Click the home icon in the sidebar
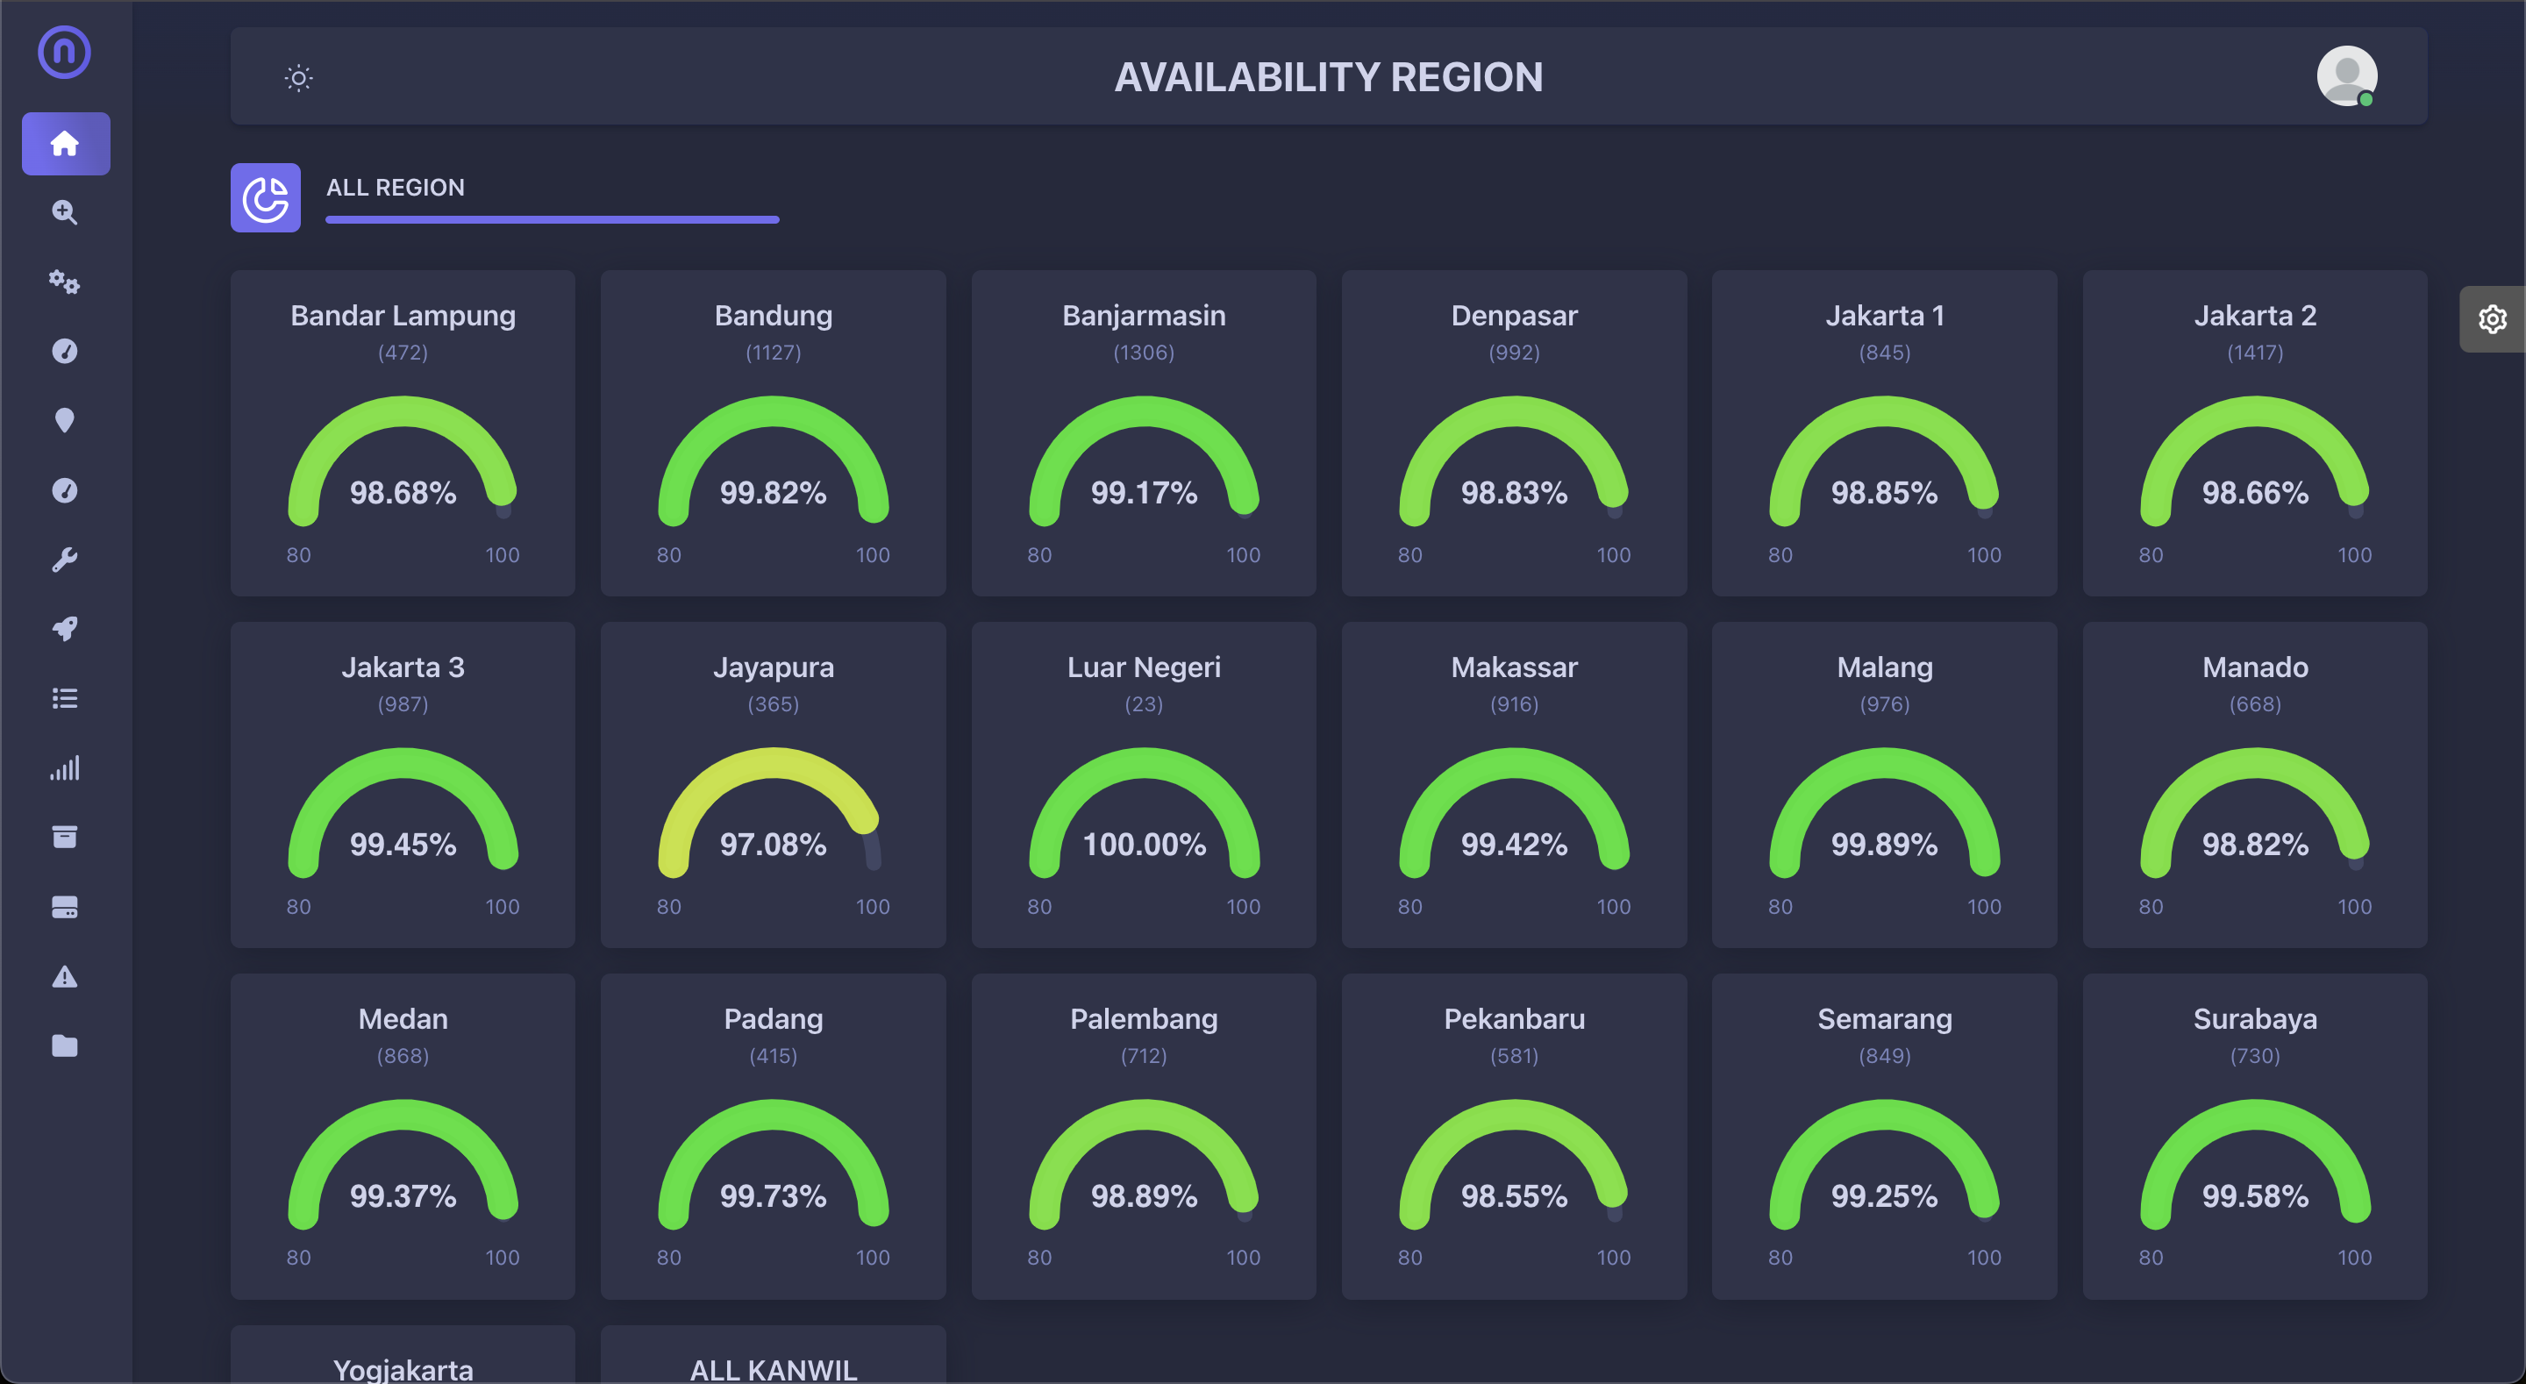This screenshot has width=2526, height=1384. pos(65,144)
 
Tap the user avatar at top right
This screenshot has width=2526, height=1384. pos(2345,75)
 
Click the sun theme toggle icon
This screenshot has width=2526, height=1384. pos(298,77)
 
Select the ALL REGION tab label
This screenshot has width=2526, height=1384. pos(396,188)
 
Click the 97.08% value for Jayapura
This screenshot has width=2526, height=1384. pos(773,845)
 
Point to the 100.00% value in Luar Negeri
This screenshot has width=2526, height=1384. pos(1144,845)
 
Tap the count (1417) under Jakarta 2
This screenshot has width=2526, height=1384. pos(2254,352)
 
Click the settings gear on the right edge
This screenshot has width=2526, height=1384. pos(2492,318)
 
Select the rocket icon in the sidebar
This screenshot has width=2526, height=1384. pos(65,629)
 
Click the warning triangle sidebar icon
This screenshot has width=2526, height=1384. pos(65,977)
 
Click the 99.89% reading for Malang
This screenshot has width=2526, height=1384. pos(1884,845)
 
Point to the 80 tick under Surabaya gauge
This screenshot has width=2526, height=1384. pos(2151,1258)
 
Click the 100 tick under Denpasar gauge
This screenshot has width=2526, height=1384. pos(1613,555)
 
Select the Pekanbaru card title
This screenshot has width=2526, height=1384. pos(1513,1019)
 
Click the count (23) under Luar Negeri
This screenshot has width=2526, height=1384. pos(1144,704)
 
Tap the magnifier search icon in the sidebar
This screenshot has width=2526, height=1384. pos(65,212)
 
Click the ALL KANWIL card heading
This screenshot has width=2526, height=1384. pos(773,1369)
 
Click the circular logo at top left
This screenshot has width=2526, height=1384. pos(65,52)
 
